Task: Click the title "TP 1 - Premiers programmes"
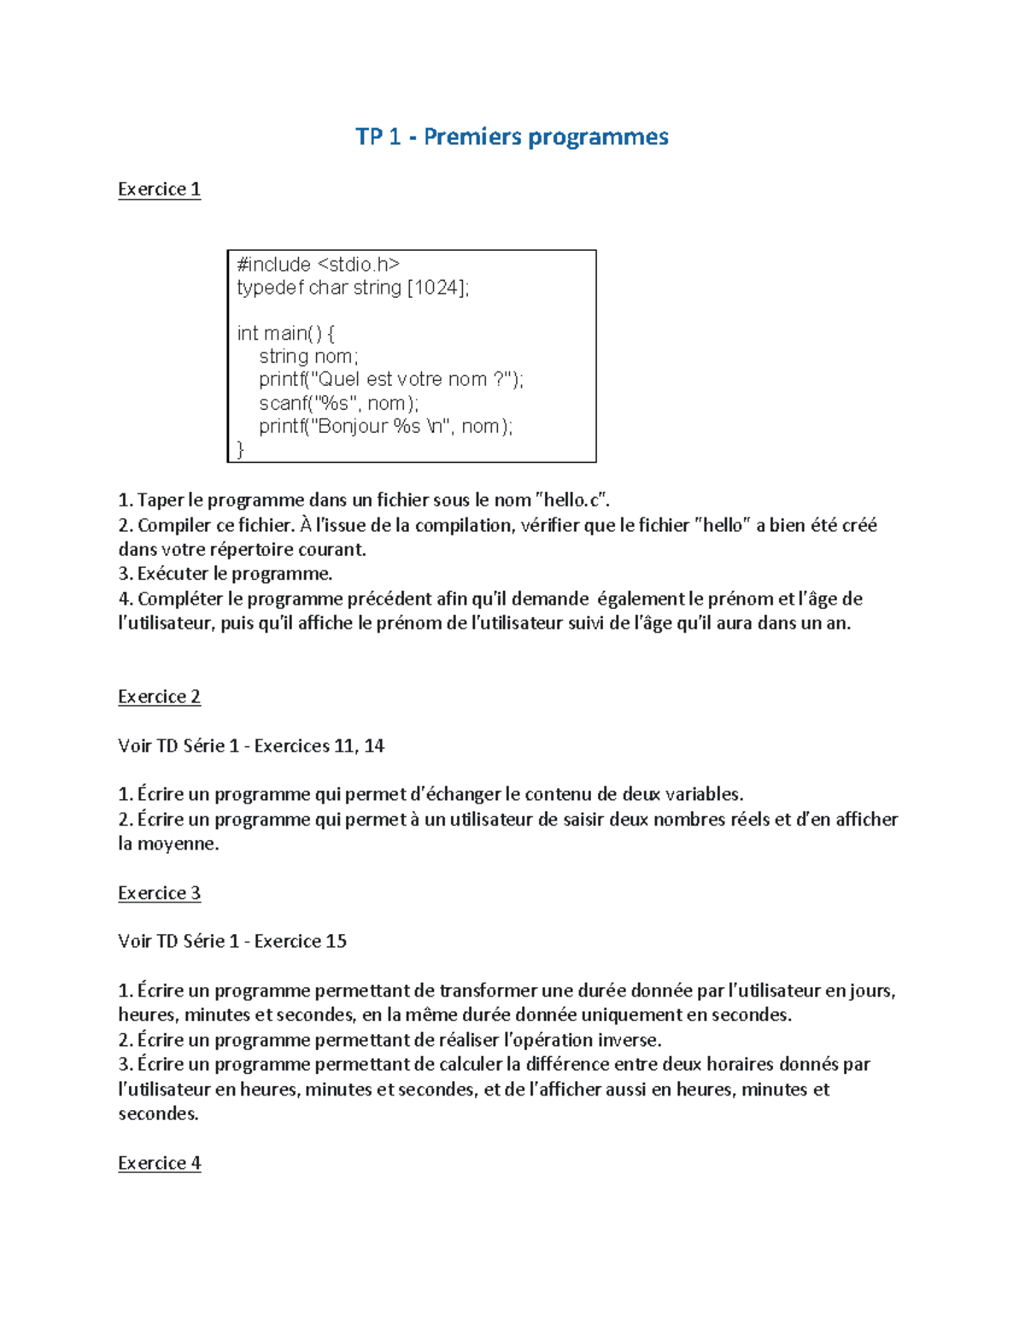(512, 137)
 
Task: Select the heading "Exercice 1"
(159, 189)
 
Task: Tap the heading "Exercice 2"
(159, 697)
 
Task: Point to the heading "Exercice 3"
(159, 893)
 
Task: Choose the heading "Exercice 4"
(159, 1163)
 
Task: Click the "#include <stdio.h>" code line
(318, 265)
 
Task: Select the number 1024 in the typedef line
(436, 288)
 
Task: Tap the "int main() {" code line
(285, 333)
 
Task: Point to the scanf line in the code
(338, 403)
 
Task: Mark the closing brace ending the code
(240, 449)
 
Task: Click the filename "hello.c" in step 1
(573, 500)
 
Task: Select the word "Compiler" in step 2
(174, 525)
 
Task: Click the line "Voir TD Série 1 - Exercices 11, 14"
(251, 746)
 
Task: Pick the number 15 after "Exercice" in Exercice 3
(336, 942)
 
